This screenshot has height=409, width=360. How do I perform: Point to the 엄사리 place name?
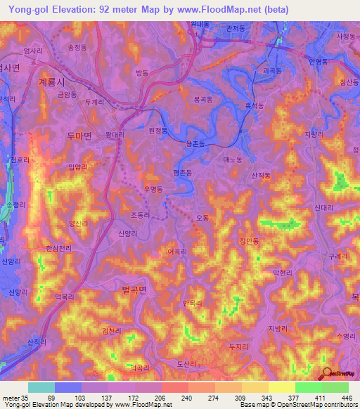[33, 51]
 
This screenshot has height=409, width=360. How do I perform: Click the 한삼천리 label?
[58, 249]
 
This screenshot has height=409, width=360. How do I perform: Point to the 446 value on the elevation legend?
[344, 398]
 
